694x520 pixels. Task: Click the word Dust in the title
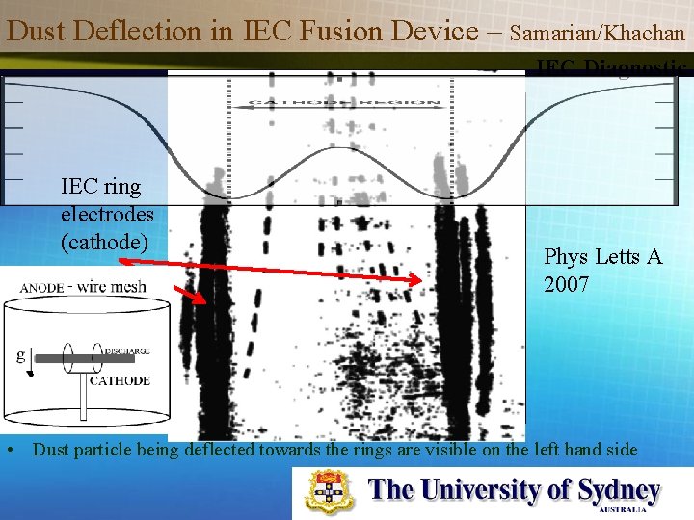point(34,31)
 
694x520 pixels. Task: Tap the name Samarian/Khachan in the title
point(598,33)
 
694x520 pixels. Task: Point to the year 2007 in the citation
point(567,285)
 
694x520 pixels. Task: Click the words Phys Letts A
point(602,257)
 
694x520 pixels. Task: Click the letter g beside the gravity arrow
point(19,354)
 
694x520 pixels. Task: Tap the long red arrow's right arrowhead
point(416,281)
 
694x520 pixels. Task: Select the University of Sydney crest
point(331,491)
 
